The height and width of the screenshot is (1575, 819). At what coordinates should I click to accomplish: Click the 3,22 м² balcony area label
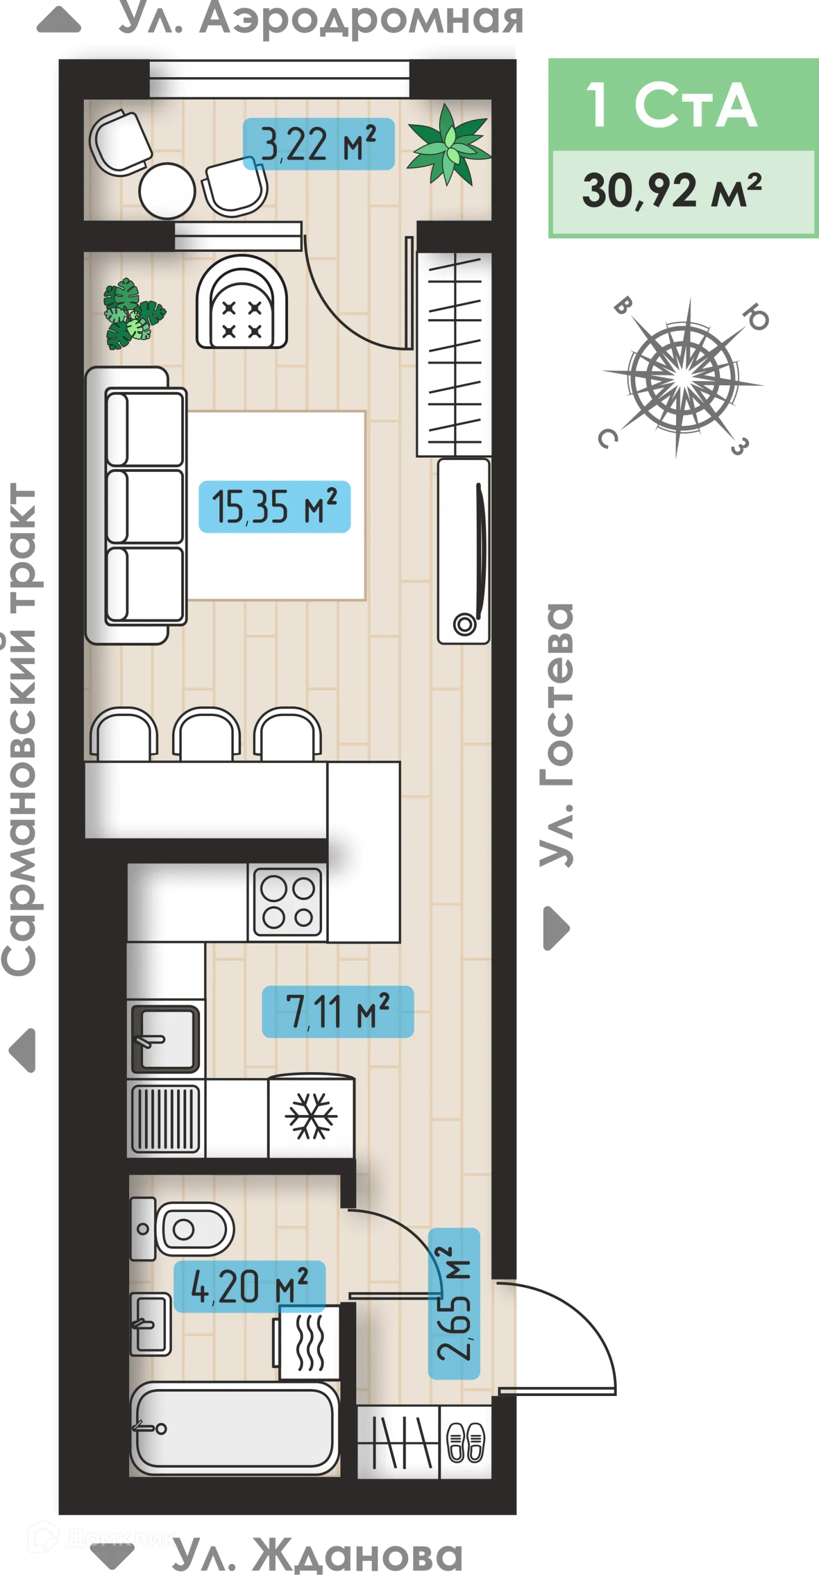(318, 144)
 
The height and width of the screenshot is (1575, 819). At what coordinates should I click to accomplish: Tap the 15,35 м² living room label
(275, 506)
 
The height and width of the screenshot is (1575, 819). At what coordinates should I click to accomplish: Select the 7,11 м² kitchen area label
(338, 1011)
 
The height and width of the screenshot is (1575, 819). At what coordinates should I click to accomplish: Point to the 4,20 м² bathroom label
(250, 1286)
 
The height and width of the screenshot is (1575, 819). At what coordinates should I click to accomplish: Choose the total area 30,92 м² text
(671, 191)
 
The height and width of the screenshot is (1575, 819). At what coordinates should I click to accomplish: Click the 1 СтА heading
(671, 105)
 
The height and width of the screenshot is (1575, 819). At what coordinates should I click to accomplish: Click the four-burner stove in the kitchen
(287, 902)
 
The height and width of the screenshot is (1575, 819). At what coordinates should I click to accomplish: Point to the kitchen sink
(165, 1039)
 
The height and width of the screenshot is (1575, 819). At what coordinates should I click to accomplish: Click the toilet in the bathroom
(183, 1229)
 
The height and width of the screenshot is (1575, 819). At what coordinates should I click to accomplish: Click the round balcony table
(167, 191)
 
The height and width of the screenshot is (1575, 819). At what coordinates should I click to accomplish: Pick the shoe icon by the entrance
(466, 1442)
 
